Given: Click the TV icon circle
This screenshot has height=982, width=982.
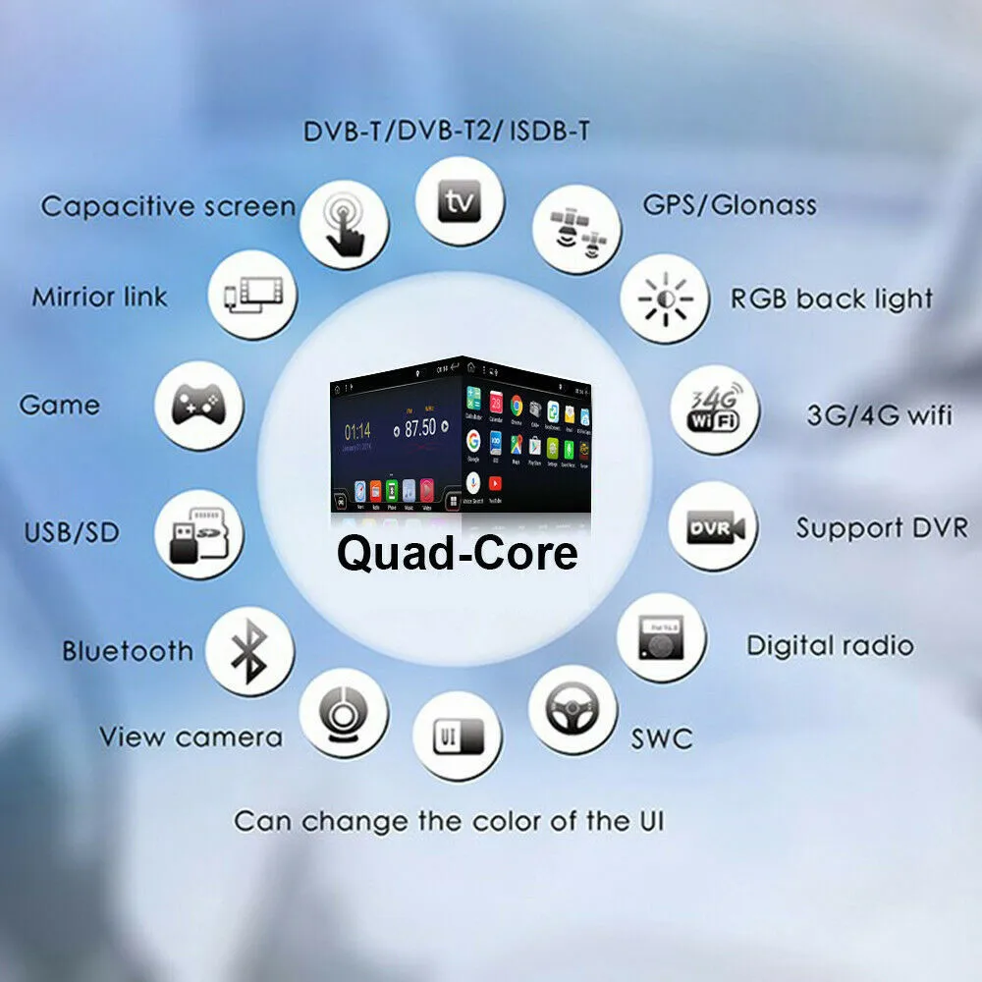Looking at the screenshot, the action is point(460,203).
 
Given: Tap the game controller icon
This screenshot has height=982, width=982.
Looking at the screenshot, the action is point(199,407).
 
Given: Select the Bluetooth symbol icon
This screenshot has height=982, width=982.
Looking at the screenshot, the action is point(249,652).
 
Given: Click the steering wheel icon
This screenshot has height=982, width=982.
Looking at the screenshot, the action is point(573,710).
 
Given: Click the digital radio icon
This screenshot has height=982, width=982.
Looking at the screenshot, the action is point(661,637).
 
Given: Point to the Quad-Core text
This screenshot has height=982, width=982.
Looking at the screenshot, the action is point(457,553).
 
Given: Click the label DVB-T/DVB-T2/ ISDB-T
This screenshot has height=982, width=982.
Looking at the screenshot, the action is point(446,130).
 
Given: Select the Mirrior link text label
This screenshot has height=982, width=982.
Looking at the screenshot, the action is point(99,297).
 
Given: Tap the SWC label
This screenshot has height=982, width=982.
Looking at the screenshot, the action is point(661,738).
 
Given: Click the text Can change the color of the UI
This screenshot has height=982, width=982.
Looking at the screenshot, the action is point(448,821).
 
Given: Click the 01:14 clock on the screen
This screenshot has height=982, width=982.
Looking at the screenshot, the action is point(356,430).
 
